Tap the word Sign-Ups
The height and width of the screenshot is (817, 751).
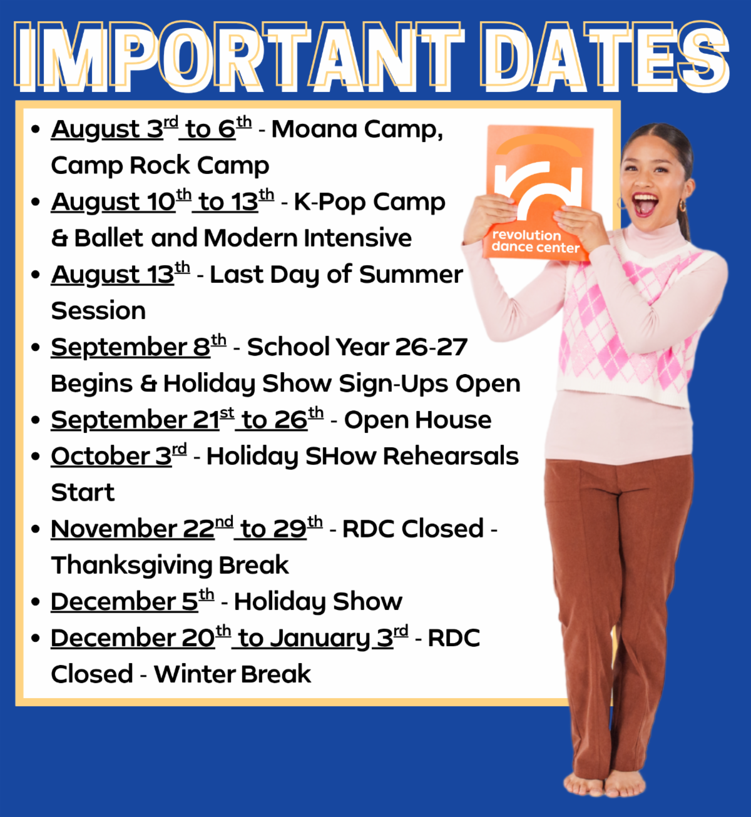[x=394, y=384]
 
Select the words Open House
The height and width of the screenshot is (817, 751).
[x=417, y=420]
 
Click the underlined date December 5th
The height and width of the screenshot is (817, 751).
[x=133, y=601]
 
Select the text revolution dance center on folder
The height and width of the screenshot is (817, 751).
[x=535, y=241]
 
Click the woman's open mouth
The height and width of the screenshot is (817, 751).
[x=646, y=204]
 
